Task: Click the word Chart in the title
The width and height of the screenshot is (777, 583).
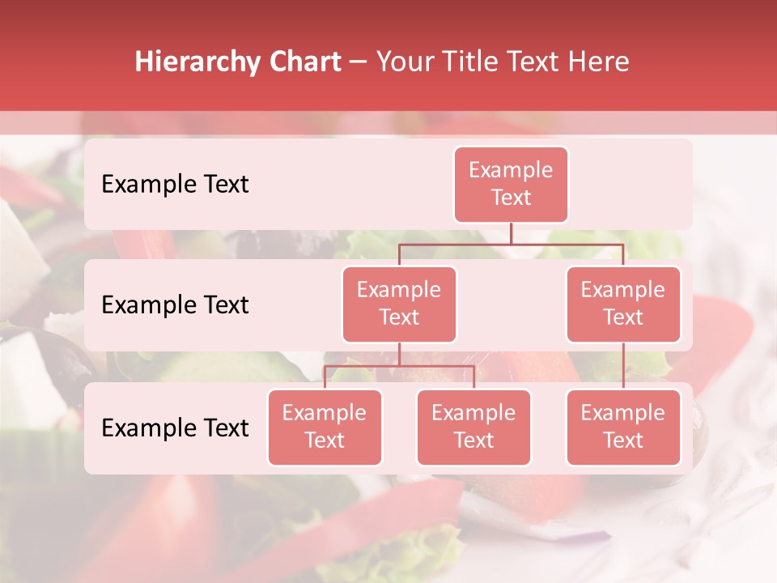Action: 306,62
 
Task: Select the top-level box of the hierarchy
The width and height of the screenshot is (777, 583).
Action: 511,185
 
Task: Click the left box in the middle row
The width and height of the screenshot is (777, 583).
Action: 399,304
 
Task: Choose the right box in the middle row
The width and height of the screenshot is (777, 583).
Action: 623,304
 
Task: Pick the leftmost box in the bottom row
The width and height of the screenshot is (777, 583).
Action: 325,428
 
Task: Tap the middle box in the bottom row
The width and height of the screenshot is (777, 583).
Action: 473,428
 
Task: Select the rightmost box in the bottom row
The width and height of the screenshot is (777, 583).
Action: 623,428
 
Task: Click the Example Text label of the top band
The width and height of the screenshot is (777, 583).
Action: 175,185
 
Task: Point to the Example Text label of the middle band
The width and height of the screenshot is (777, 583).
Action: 175,305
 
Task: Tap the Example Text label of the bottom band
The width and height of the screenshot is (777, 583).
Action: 175,428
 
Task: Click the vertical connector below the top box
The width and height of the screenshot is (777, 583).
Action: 511,233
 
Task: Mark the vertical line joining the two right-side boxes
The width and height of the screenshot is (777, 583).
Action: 623,366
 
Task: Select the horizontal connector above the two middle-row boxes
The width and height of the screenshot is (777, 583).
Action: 511,244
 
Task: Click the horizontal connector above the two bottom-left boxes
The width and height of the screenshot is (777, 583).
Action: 399,366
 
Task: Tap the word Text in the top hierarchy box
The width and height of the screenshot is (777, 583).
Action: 511,198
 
